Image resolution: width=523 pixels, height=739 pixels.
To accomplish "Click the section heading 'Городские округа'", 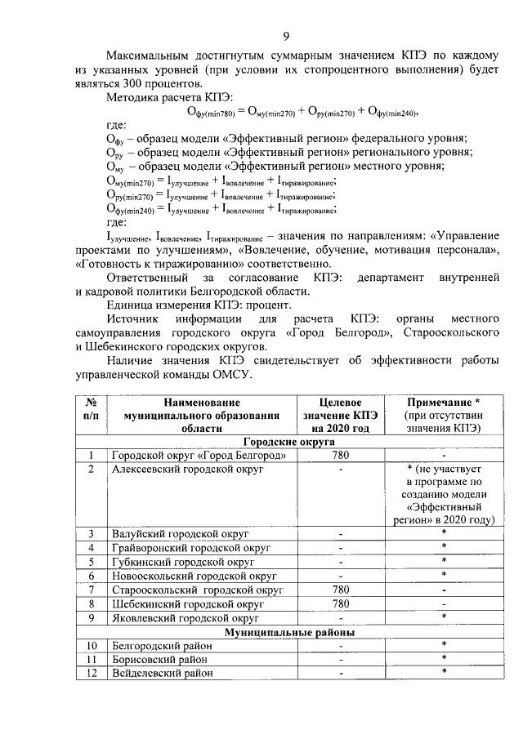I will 289,441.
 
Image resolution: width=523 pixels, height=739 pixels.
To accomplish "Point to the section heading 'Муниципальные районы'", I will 289,631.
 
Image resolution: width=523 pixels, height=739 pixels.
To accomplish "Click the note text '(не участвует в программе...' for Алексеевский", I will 444,494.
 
